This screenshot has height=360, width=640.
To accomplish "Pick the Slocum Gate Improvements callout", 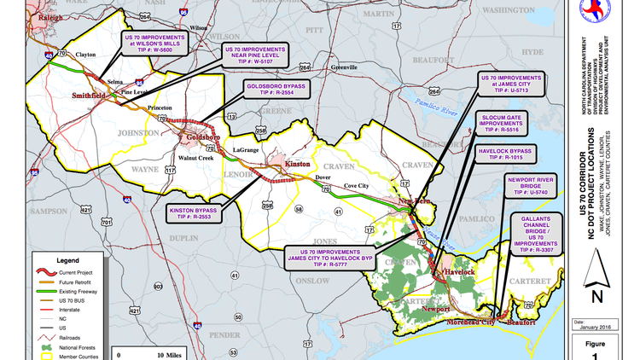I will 501,122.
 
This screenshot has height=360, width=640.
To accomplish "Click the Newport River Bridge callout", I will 538,187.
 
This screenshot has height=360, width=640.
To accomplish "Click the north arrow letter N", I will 596,296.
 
